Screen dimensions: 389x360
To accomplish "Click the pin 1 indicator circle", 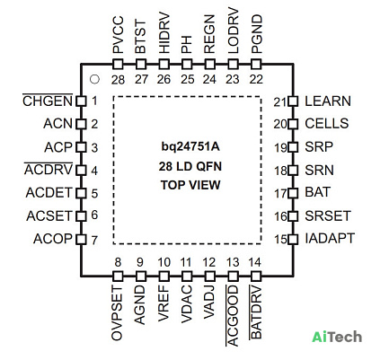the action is click(94, 79).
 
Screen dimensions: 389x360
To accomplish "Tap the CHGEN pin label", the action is click(48, 101).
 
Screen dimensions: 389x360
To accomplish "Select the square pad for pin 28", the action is click(118, 64).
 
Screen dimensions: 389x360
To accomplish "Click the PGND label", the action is click(257, 34).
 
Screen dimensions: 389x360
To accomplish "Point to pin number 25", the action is click(188, 79).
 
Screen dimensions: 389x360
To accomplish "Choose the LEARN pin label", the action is click(328, 101).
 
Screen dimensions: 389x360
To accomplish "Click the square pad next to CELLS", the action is click(293, 124).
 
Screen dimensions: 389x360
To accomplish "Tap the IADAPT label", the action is click(330, 239).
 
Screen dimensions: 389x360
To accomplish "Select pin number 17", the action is click(280, 194).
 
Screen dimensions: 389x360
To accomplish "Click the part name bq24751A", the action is click(190, 147).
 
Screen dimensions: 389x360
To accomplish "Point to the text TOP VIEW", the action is click(190, 185).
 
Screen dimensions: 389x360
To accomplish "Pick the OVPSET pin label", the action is click(117, 313).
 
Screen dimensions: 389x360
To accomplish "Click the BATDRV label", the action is click(255, 312).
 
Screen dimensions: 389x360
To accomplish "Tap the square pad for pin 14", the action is click(256, 277).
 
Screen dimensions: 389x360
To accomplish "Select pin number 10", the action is click(164, 262).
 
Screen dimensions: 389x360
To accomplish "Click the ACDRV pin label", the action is click(49, 170).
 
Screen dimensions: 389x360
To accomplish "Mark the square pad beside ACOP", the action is click(81, 240).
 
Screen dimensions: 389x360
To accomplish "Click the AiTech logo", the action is click(337, 337).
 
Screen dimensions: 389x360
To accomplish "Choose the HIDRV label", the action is click(164, 33).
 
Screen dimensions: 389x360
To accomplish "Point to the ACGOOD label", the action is click(233, 316).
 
